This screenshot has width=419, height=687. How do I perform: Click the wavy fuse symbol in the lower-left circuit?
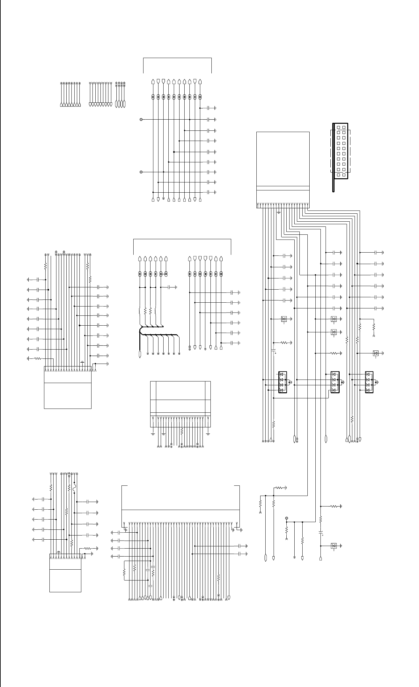point(74,488)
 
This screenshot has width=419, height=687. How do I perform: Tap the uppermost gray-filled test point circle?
point(141,120)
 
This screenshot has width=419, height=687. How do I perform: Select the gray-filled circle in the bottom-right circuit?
point(286,518)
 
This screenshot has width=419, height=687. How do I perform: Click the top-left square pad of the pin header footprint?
point(338,127)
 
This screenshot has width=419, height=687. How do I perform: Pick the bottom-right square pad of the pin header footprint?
point(343,175)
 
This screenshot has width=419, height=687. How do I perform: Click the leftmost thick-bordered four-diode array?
point(283,382)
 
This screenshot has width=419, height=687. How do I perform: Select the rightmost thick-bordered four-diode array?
point(369,382)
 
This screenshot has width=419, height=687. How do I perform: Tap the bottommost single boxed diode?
point(334,546)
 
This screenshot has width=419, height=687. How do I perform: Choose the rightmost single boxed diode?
point(376,353)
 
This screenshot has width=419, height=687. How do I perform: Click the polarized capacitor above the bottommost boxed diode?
point(321,533)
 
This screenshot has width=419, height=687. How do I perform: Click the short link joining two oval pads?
point(163,274)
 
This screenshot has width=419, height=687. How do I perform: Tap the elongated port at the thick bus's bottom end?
point(140,354)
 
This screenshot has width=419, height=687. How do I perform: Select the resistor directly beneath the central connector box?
point(181,431)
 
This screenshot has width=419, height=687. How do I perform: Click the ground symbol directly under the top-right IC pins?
point(279,212)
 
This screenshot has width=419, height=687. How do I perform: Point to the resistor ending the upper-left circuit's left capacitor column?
point(38,358)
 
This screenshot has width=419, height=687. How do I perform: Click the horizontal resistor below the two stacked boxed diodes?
point(334,353)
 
